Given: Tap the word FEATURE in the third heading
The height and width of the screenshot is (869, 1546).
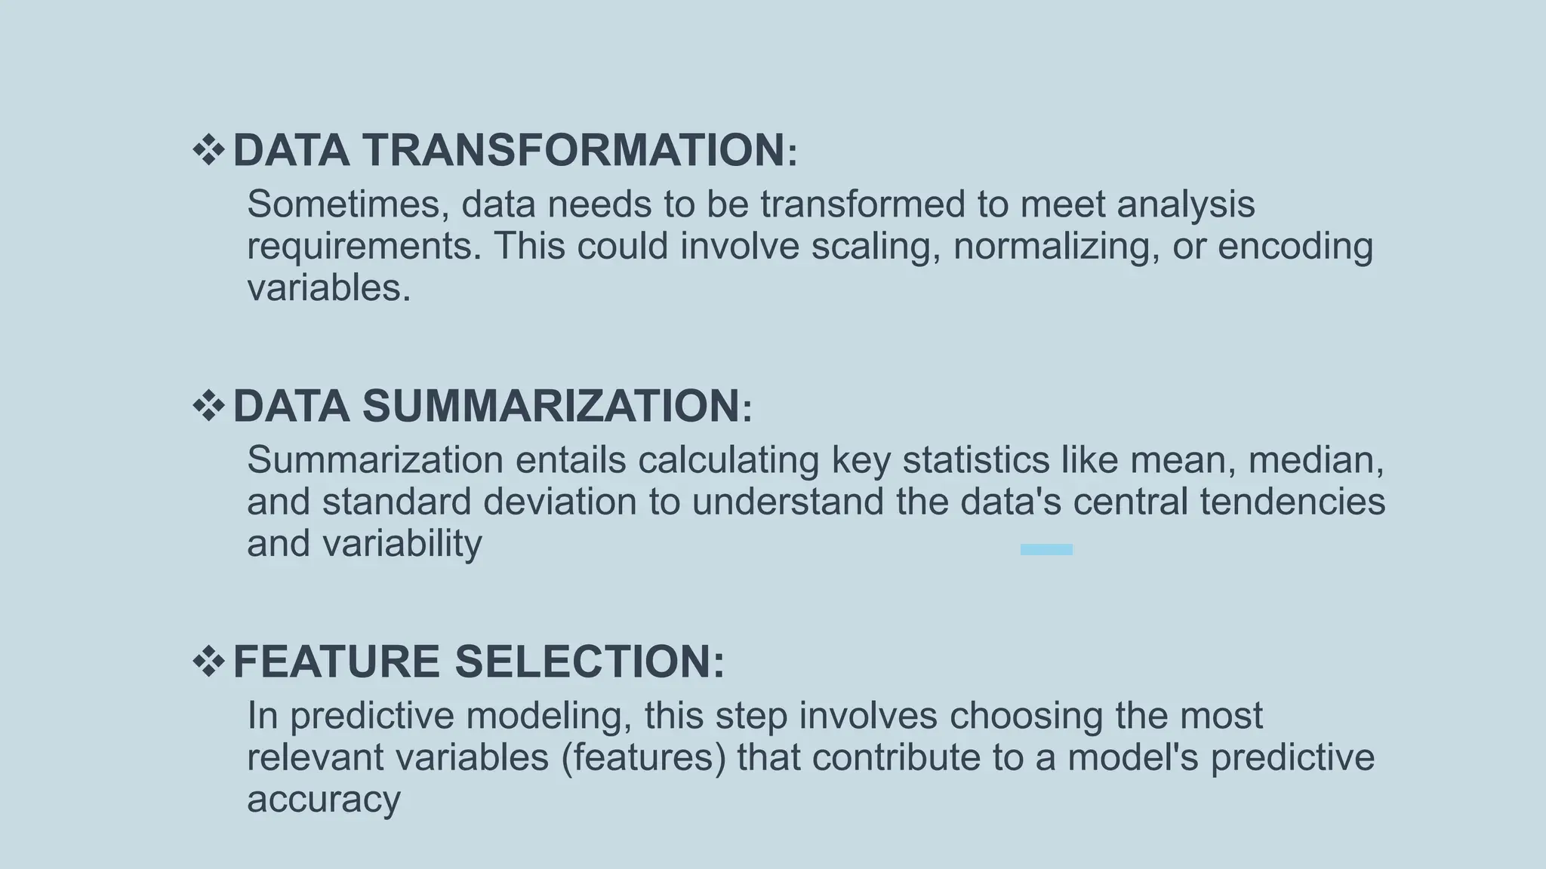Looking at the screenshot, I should point(336,662).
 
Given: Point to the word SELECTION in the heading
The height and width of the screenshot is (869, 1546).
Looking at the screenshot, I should point(590,662).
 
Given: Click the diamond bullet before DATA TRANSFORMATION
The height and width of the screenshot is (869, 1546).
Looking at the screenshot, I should point(209,149).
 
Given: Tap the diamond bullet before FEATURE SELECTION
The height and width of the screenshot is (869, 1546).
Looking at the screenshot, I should point(209,662).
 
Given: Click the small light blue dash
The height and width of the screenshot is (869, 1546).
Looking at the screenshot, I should point(1046,550).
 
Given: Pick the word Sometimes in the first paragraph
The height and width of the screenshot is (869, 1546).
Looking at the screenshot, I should point(348,204).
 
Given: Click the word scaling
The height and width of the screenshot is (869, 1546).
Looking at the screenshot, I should point(876,247).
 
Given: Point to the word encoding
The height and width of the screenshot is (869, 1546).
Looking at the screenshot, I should point(1295,247).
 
